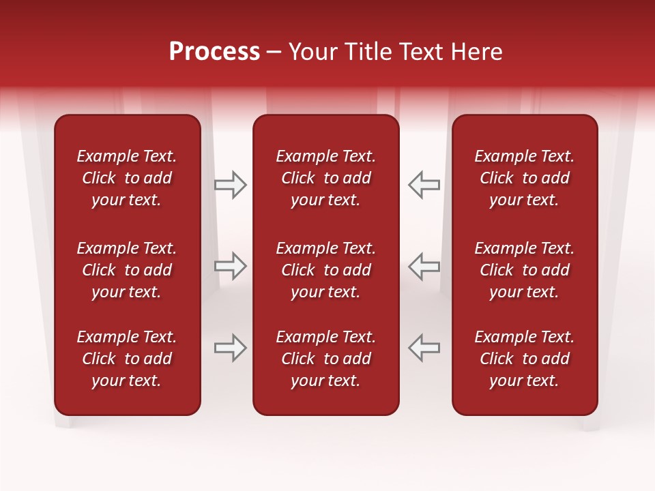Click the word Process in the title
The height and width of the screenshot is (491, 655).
click(214, 52)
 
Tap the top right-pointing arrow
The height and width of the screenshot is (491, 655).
click(231, 185)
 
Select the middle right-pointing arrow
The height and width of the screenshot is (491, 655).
click(231, 266)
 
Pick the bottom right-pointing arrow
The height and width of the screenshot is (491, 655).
click(231, 348)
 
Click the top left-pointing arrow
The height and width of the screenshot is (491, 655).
click(424, 185)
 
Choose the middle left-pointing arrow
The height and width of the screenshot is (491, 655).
click(424, 266)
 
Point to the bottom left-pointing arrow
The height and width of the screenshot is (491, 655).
click(424, 348)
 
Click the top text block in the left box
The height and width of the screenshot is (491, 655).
click(127, 178)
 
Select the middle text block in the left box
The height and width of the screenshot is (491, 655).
click(127, 270)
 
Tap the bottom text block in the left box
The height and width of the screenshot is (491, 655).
click(127, 359)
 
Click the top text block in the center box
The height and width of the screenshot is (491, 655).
click(325, 178)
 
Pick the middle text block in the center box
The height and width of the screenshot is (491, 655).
click(325, 270)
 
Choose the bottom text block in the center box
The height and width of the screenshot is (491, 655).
click(325, 359)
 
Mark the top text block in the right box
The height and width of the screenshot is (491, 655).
click(524, 178)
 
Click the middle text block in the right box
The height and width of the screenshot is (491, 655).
click(524, 270)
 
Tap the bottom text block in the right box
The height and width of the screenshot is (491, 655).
click(524, 359)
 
